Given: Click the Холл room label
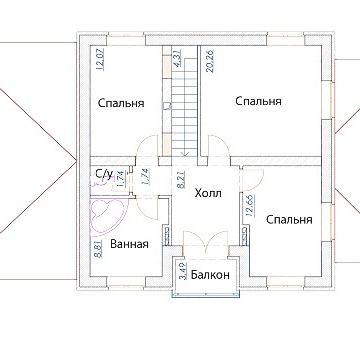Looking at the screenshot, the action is [208, 193].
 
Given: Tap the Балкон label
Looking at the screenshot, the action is [210, 275].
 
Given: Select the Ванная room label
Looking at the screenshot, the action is [129, 244].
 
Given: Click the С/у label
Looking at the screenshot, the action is [104, 173].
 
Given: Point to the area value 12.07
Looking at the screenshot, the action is [100, 59].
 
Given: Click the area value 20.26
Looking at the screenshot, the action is [210, 61].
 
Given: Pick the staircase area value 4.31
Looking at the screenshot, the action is [177, 58].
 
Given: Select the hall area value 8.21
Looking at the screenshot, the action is [183, 180].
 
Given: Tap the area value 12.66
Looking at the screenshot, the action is [250, 206].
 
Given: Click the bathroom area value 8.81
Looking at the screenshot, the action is [98, 248].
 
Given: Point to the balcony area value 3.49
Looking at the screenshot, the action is [183, 273].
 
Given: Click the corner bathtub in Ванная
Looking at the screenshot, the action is [107, 216].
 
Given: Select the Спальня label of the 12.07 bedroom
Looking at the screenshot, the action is [121, 103].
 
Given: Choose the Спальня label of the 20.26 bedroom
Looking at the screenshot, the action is [258, 101].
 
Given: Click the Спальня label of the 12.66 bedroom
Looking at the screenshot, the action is [289, 220].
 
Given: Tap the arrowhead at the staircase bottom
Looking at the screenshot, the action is [185, 154].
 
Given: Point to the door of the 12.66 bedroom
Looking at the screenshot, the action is [253, 178].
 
